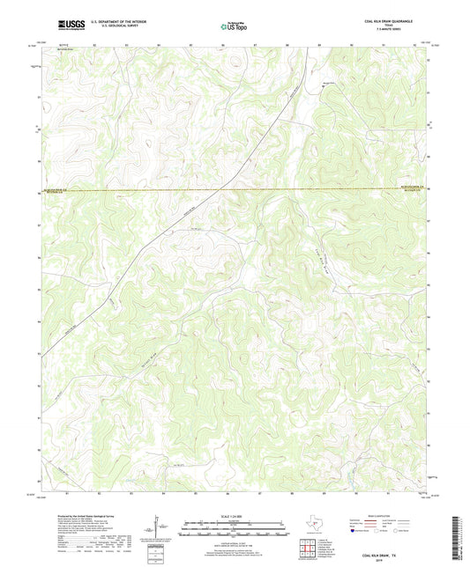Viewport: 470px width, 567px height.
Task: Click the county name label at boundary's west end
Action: (x=55, y=188)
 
